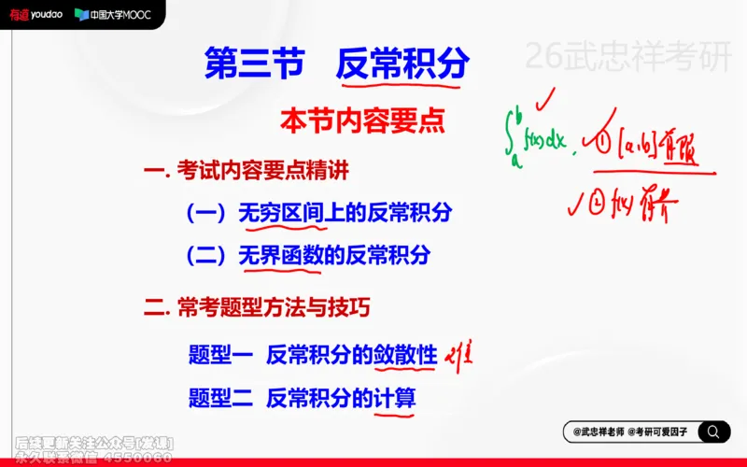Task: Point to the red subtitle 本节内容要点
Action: (x=362, y=120)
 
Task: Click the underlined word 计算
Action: (x=394, y=398)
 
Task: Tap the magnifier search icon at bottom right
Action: (x=713, y=432)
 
